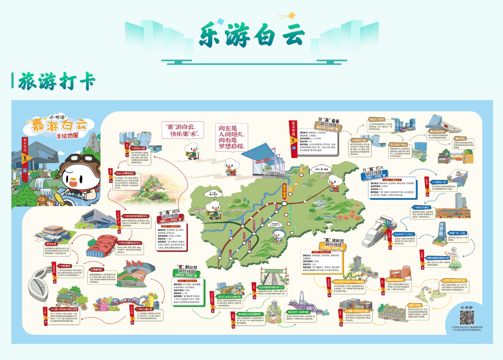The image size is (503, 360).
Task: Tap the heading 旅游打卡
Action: [57, 82]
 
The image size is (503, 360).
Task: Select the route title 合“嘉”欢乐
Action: [168, 218]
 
